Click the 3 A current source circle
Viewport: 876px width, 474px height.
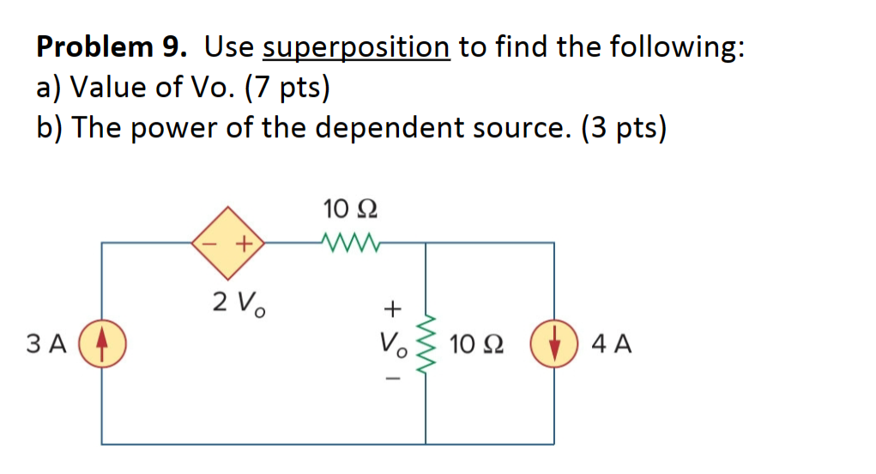[x=102, y=345]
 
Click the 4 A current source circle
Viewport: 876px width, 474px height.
[x=553, y=345]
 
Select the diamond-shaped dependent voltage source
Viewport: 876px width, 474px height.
[x=227, y=243]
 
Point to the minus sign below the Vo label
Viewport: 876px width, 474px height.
[x=391, y=380]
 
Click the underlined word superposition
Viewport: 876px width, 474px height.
[x=356, y=48]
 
